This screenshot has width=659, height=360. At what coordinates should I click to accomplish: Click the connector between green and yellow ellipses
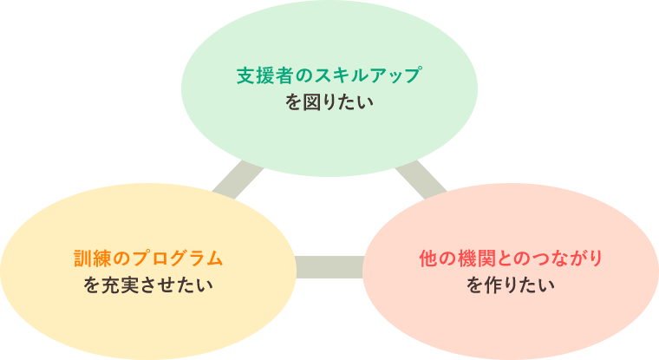pos(238,180)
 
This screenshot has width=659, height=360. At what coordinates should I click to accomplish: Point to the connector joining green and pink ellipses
pos(421,180)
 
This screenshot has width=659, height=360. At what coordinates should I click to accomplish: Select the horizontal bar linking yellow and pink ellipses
pos(329,267)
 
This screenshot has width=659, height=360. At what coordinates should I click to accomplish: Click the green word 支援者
pos(264,75)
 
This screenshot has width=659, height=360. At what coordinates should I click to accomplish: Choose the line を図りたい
pos(329,102)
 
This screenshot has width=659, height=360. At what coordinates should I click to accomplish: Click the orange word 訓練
pos(93,259)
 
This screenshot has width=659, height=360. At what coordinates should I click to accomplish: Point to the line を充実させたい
pos(148,285)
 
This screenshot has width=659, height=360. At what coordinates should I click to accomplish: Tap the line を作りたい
pos(510,285)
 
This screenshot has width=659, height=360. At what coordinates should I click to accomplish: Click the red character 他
pos(428,259)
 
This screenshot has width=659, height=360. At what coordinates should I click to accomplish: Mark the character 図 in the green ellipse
pos(312,102)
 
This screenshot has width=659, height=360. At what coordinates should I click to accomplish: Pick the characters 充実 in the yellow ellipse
pos(120,285)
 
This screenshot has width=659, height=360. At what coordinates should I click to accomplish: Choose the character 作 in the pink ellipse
pos(493,285)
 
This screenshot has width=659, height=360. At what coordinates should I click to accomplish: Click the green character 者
pos(284,75)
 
